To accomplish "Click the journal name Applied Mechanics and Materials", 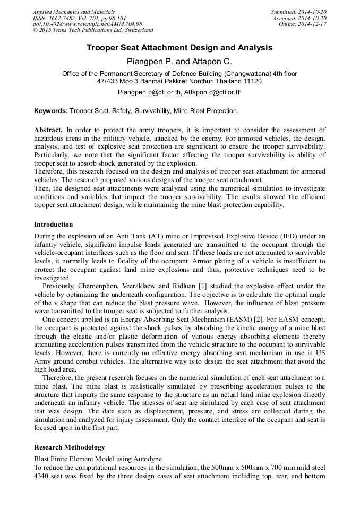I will coord(73,12).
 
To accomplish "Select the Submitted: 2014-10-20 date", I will coord(298,12).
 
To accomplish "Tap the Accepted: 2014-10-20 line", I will coord(299,18).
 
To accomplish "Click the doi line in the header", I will coord(87,24).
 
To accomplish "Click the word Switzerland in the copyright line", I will coord(136,30).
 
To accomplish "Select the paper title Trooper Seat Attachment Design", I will coord(179,48).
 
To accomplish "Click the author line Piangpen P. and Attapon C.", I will coord(179,61).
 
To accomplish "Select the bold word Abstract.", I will coord(48,130).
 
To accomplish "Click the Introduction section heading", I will coord(54,224).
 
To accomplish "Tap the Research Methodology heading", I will coord(69,447).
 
